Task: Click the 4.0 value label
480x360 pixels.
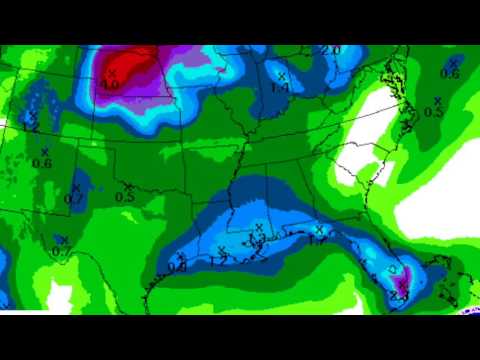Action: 110,85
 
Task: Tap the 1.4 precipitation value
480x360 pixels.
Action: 281,87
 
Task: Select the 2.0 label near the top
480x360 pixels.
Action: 331,50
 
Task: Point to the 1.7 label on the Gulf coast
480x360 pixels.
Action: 319,240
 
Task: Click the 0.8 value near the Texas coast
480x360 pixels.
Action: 177,267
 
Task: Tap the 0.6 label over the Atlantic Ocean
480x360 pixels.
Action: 450,73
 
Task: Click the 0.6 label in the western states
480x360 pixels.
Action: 42,163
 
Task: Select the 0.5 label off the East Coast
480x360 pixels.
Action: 433,112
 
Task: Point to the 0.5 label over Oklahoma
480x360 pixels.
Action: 125,197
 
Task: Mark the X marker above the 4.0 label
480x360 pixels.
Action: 112,73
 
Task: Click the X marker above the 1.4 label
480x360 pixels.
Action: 282,76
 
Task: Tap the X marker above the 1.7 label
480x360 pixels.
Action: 320,229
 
